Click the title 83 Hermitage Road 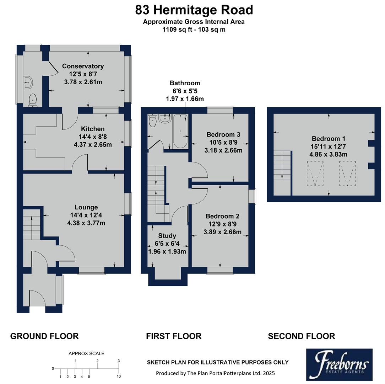(194, 10)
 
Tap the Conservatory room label (83, 66)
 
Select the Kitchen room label (93, 129)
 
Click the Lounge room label (86, 207)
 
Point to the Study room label (167, 236)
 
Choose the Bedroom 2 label (222, 216)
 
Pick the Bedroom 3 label (223, 134)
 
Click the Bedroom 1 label (329, 139)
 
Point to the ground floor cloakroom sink (28, 83)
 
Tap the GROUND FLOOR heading (44, 336)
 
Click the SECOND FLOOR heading (301, 336)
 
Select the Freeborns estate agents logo (339, 363)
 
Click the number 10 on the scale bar (119, 376)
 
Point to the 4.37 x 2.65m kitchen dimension (92, 144)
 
